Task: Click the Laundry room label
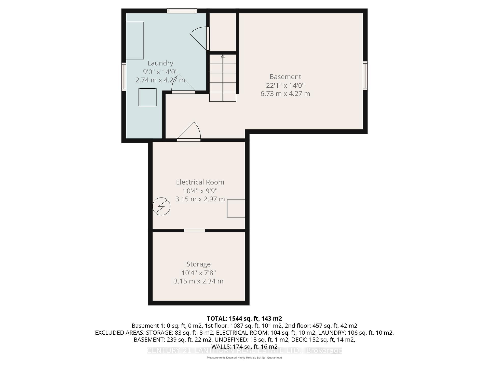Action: [x=160, y=63]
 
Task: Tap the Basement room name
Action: [x=285, y=76]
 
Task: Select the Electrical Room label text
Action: [x=200, y=182]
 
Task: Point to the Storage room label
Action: [x=198, y=264]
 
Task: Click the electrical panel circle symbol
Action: [x=161, y=206]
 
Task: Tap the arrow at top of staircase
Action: [x=223, y=56]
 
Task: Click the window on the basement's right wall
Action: [x=365, y=76]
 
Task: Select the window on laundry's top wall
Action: [x=182, y=11]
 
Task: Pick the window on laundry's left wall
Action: [x=124, y=77]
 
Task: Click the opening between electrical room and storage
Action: [x=195, y=231]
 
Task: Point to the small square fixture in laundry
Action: [x=147, y=97]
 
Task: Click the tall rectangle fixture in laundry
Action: [x=135, y=41]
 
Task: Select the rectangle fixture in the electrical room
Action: [x=236, y=208]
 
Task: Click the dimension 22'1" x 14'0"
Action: [x=285, y=85]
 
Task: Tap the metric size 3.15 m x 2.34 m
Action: [x=198, y=281]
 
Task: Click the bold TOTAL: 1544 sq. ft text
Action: [x=244, y=318]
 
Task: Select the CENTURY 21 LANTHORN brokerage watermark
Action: [x=244, y=351]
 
